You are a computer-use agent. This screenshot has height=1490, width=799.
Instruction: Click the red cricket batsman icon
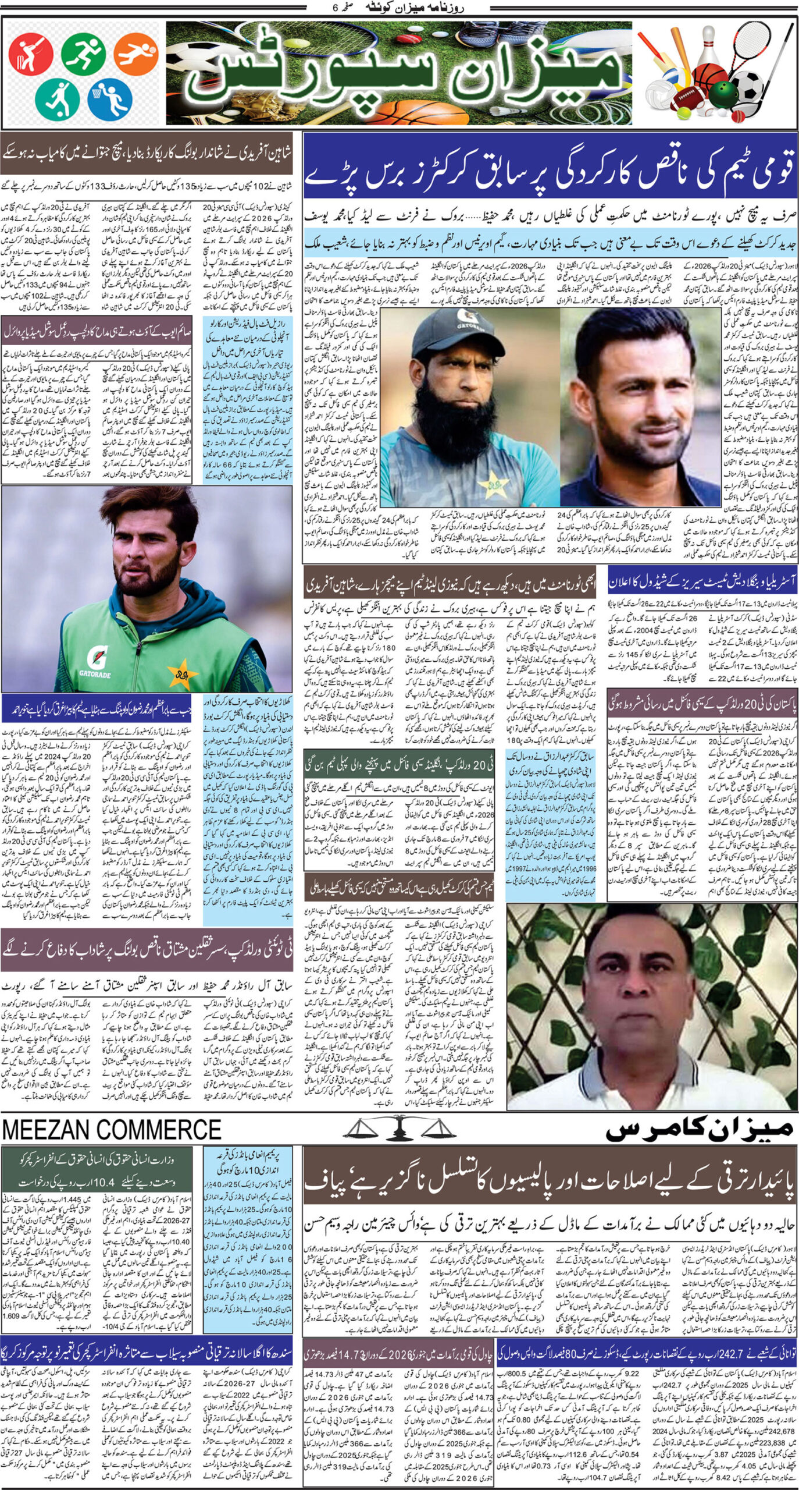(x=30, y=55)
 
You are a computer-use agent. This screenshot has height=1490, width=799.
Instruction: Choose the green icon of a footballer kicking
(x=57, y=98)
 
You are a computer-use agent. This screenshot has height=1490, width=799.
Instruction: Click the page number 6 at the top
(x=334, y=8)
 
